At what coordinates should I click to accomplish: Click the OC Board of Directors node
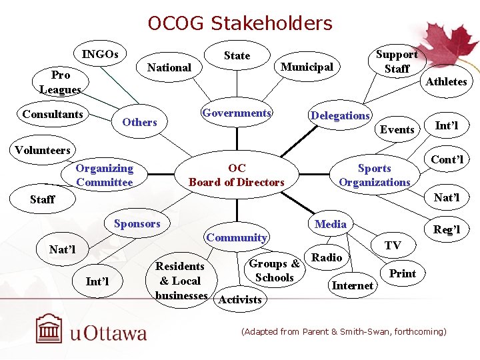[x=237, y=175]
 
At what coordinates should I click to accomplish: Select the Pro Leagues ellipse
[x=60, y=82]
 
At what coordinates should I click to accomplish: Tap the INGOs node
[x=100, y=54]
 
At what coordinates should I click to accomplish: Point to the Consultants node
[x=53, y=114]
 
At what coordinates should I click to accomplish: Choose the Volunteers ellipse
[x=43, y=150]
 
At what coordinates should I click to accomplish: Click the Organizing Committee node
[x=105, y=175]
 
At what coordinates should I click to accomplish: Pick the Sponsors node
[x=137, y=224]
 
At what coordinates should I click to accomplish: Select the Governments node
[x=237, y=113]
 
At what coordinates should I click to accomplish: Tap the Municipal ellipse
[x=307, y=67]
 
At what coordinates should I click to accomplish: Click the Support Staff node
[x=397, y=61]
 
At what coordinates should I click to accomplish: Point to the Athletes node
[x=446, y=81]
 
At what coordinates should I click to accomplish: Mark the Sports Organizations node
[x=375, y=175]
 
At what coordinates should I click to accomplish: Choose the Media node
[x=331, y=224]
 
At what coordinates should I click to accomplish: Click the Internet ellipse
[x=352, y=285]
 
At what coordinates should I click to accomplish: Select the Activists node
[x=240, y=299]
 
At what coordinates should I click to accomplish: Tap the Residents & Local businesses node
[x=180, y=280]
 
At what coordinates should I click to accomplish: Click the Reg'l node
[x=447, y=229]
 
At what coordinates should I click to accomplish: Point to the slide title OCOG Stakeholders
[x=240, y=24]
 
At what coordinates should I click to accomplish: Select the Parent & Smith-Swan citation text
[x=343, y=331]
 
